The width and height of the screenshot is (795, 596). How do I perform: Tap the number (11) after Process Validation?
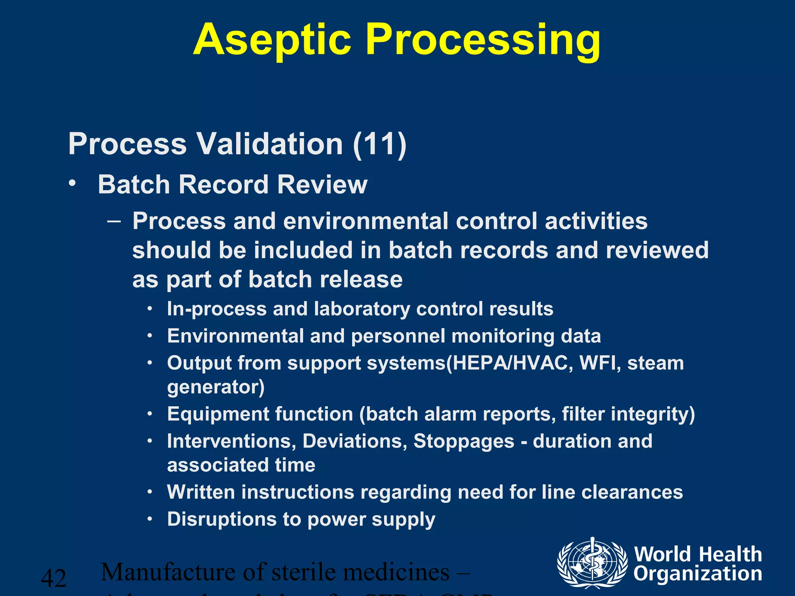[x=380, y=144]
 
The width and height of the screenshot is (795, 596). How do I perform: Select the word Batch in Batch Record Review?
[x=134, y=184]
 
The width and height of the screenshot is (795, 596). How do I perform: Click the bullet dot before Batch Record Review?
[x=72, y=183]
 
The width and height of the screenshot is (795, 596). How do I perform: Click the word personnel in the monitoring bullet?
[x=398, y=336]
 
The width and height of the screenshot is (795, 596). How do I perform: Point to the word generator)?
[x=216, y=387]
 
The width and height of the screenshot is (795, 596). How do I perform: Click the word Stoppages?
[x=463, y=441]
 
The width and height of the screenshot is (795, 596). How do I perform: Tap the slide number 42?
[x=54, y=578]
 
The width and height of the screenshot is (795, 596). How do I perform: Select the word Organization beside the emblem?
[x=698, y=574]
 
